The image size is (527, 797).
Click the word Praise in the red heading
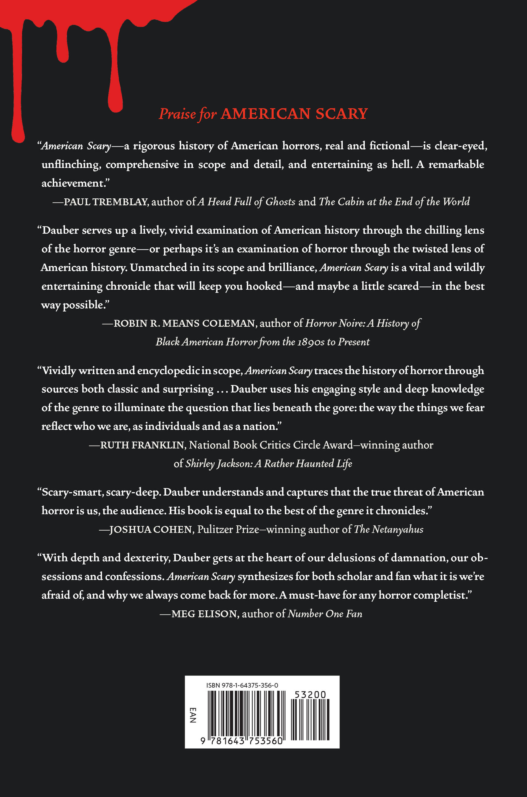point(177,114)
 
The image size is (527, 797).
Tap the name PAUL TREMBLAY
point(106,202)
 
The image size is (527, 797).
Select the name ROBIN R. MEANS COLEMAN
point(185,323)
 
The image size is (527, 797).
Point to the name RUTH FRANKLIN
point(143,445)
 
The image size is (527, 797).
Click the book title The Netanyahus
point(389,529)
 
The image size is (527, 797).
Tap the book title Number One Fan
point(325,614)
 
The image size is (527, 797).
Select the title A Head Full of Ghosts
point(246,202)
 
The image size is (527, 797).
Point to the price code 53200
point(310,695)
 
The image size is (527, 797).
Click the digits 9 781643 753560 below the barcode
point(241,741)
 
